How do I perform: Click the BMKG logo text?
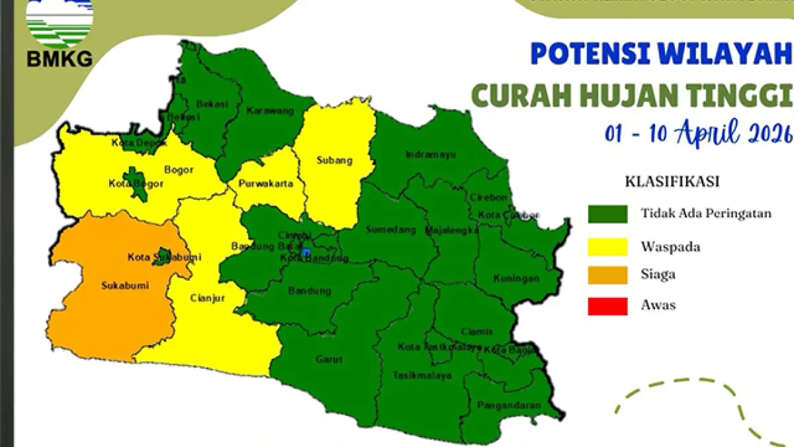coord(60,60)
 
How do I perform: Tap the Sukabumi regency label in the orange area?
coord(124,286)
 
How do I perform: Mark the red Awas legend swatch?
coord(607,306)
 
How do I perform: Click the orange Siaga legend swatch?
coord(607,275)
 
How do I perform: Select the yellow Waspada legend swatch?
coord(607,246)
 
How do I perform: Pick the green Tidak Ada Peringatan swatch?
coord(607,214)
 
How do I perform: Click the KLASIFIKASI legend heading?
coord(672,181)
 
